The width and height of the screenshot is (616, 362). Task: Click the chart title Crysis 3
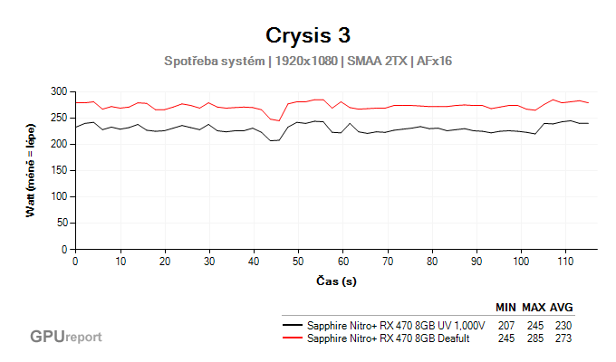307,35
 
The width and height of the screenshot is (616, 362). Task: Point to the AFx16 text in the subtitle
434,62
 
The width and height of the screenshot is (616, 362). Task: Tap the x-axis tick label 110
565,261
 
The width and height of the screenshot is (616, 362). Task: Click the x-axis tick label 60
342,261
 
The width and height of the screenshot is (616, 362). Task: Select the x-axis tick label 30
209,261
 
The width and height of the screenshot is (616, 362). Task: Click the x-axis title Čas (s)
335,281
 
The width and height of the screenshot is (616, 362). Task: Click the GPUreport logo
65,337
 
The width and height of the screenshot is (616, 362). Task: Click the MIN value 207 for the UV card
507,325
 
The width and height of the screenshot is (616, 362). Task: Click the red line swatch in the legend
293,338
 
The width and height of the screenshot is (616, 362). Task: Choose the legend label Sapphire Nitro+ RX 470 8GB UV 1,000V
397,325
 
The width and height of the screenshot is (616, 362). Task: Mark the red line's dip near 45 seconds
278,120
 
